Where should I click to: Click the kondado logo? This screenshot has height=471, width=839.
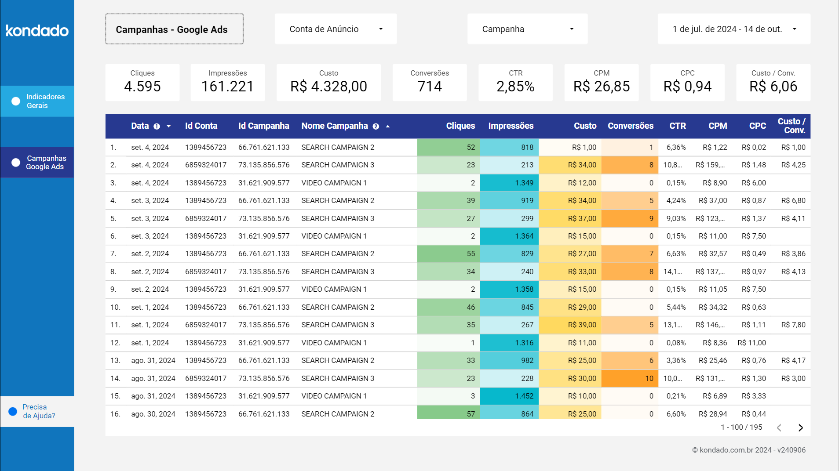pyautogui.click(x=37, y=30)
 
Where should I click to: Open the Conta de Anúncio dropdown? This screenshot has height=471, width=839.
pyautogui.click(x=336, y=29)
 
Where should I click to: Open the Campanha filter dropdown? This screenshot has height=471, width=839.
pyautogui.click(x=527, y=29)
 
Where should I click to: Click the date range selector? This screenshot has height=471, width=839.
pyautogui.click(x=733, y=29)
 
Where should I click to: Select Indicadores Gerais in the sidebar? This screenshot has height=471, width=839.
pyautogui.click(x=37, y=101)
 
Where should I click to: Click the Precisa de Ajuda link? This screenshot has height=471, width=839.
pyautogui.click(x=38, y=411)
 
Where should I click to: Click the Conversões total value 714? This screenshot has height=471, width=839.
pyautogui.click(x=429, y=87)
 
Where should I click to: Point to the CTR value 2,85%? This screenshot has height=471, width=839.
pyautogui.click(x=515, y=87)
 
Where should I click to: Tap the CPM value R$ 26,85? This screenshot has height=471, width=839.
pyautogui.click(x=601, y=87)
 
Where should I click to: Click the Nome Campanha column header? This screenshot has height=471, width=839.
pyautogui.click(x=334, y=126)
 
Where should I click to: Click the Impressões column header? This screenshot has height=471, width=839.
pyautogui.click(x=511, y=126)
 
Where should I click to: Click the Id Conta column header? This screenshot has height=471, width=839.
pyautogui.click(x=201, y=126)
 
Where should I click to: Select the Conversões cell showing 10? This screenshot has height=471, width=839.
pyautogui.click(x=630, y=378)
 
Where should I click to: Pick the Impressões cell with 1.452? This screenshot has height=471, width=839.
pyautogui.click(x=510, y=396)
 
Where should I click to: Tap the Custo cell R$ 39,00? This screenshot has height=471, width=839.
pyautogui.click(x=570, y=325)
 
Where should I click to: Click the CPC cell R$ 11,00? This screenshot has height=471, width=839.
pyautogui.click(x=751, y=343)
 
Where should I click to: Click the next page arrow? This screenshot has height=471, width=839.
pyautogui.click(x=800, y=428)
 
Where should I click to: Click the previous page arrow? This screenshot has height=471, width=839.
pyautogui.click(x=779, y=428)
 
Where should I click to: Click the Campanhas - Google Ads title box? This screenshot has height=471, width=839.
pyautogui.click(x=174, y=29)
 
